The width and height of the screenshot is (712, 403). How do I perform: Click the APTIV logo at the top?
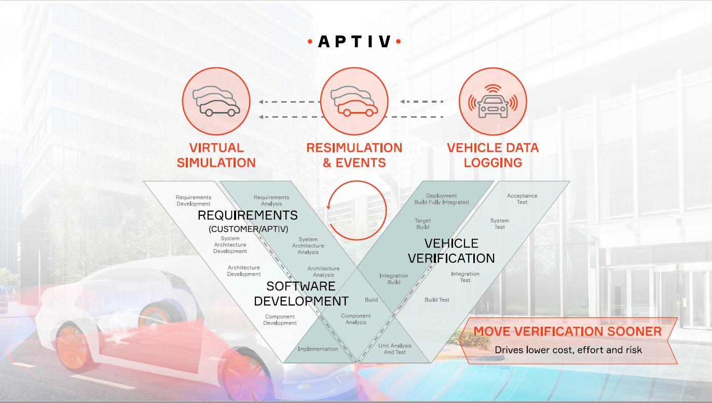point(354,41)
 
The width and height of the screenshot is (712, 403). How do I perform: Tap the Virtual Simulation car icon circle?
point(216,102)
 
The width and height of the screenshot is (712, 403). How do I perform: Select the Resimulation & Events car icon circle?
point(354,102)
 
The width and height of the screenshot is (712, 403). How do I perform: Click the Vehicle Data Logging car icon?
point(493,102)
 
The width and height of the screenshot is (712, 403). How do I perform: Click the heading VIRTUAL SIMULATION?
point(216,155)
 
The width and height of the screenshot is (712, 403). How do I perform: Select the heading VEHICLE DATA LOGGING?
point(493,155)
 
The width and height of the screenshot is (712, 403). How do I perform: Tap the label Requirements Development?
point(194,201)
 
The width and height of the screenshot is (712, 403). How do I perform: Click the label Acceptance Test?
point(522,199)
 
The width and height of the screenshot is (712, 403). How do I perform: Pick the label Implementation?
point(318,349)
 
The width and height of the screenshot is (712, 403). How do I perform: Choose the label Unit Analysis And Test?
point(394,349)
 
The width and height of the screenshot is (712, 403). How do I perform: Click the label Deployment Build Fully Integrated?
point(441,199)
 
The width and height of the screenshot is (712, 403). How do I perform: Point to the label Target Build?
point(423,224)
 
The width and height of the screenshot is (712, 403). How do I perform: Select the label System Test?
point(499,224)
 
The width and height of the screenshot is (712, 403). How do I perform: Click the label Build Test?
point(437,300)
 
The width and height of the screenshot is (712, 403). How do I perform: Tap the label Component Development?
point(280,320)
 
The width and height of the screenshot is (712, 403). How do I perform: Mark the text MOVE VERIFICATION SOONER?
point(567,331)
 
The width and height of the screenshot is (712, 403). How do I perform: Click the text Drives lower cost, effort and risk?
point(568,350)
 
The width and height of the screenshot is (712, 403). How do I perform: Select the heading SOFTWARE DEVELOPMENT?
point(301,294)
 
